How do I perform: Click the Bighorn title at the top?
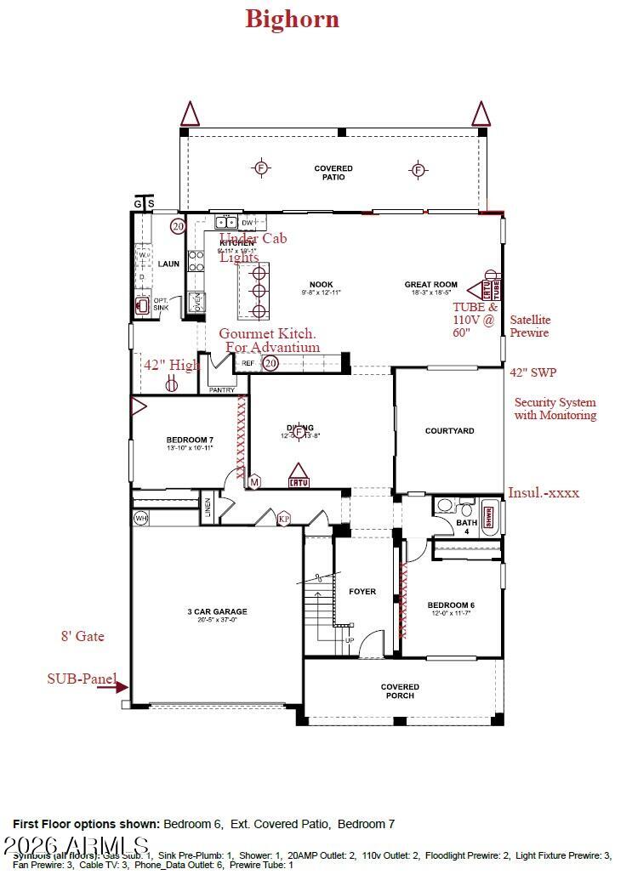tap(292, 19)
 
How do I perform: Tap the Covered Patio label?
tap(333, 173)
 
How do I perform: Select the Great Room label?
tap(431, 285)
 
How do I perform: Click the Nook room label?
tap(321, 285)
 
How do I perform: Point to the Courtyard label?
tap(449, 431)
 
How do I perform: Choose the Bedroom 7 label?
tap(189, 440)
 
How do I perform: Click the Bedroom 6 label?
tap(450, 605)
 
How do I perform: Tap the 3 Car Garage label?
tap(217, 611)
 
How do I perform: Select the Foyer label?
tap(362, 592)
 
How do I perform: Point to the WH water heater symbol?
tap(141, 518)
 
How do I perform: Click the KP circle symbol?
tap(284, 518)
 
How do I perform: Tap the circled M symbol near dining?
tap(254, 482)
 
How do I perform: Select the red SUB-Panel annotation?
tap(82, 679)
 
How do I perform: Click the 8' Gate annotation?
tap(83, 636)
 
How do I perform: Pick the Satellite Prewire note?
tap(530, 327)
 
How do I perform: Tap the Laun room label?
tap(168, 264)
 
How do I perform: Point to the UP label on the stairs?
tap(349, 640)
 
